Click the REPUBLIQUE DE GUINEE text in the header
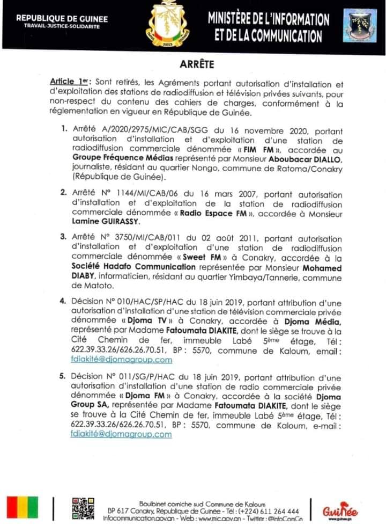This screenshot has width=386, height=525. coord(62,19)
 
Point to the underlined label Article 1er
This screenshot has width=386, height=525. coord(69,82)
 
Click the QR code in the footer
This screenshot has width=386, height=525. coord(84,507)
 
